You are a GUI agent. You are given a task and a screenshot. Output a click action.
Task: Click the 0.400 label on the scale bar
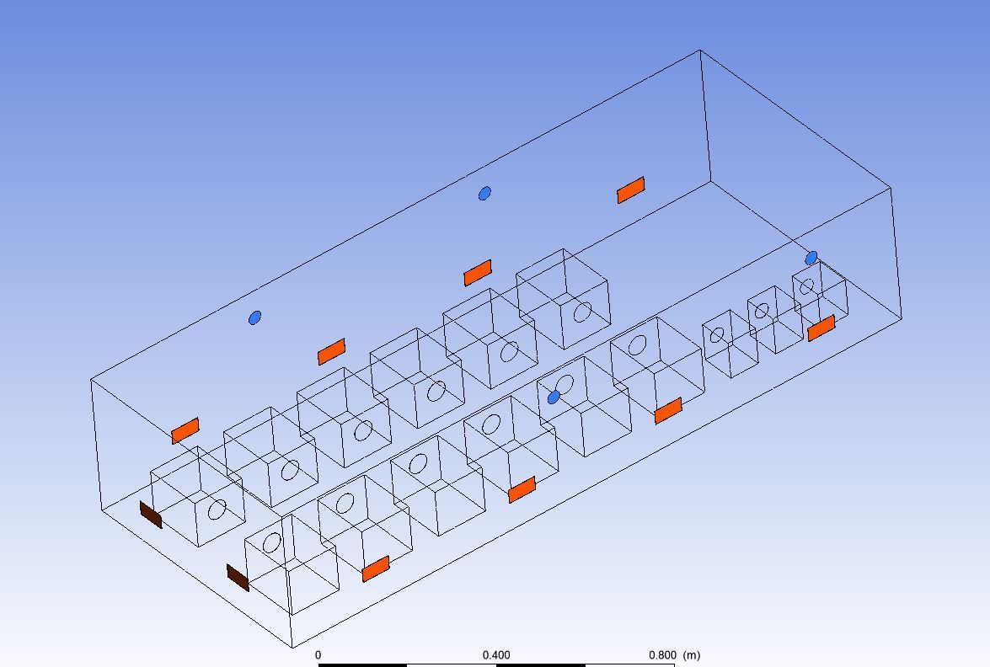click(496, 655)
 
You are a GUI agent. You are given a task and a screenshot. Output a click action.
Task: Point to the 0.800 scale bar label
click(662, 655)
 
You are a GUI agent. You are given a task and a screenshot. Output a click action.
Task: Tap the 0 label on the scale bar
click(318, 655)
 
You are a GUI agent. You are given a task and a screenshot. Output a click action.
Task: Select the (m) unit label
click(692, 655)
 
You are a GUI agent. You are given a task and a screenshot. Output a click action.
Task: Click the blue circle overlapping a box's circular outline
click(554, 397)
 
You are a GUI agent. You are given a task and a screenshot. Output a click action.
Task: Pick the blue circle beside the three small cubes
click(811, 258)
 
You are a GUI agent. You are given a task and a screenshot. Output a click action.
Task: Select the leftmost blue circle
click(254, 317)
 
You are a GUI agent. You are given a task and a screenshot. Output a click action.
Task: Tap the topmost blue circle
click(484, 193)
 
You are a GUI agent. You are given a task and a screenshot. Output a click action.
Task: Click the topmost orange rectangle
click(631, 190)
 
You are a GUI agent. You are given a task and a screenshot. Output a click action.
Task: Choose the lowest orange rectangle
click(376, 568)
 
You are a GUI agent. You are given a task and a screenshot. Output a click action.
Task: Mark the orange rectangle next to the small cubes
click(821, 328)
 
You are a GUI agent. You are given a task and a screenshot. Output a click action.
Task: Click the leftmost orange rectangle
click(185, 430)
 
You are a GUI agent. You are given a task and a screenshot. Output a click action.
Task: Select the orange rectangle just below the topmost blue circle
click(478, 273)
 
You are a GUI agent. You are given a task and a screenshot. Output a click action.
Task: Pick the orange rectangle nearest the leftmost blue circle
click(331, 351)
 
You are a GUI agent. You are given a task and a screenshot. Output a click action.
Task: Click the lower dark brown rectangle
click(238, 578)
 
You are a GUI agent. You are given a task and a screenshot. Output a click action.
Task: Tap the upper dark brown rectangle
click(151, 515)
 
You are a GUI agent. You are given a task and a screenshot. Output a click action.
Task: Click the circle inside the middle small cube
click(762, 311)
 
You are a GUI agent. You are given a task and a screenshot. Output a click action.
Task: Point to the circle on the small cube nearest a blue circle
click(807, 287)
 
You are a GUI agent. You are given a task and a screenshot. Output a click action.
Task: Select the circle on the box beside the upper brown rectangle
click(217, 510)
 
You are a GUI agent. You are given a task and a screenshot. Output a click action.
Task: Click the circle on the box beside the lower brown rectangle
click(272, 542)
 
